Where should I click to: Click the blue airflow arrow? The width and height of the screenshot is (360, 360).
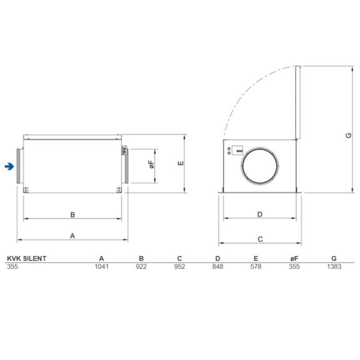coord(9,166)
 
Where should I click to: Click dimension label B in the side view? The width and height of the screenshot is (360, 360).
coord(72,214)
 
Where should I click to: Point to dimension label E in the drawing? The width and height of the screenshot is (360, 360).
coord(179,164)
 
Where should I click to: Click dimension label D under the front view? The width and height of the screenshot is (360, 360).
coord(259,214)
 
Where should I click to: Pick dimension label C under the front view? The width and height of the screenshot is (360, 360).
coord(259,238)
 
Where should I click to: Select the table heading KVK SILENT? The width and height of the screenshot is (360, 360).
coord(26,258)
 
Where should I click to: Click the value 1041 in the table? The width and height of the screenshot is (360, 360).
coord(101,266)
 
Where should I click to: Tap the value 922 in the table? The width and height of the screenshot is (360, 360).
coord(141,266)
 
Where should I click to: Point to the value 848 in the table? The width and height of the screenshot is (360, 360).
coord(217,266)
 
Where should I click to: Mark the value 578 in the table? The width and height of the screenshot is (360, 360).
coord(256,266)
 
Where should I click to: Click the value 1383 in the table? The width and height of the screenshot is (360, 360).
coord(333,266)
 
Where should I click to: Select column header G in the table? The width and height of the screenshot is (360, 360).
coord(334,258)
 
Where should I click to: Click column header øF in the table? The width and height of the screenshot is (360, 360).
coord(295,258)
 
